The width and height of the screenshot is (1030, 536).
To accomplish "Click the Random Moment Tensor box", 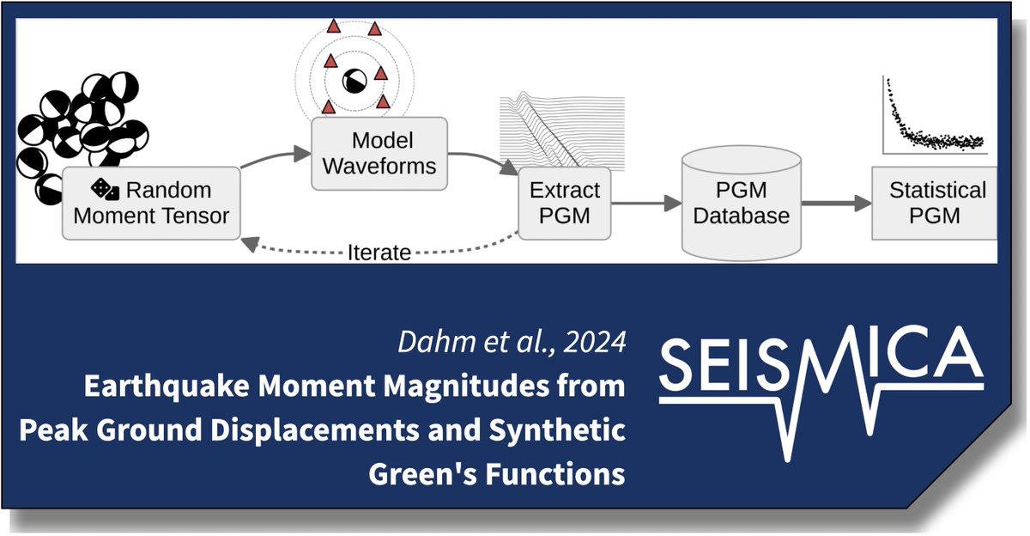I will [151, 203].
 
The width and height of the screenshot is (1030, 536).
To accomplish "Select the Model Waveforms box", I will [379, 153].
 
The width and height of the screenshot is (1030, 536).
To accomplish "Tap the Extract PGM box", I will [565, 203].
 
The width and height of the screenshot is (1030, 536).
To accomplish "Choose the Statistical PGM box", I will [936, 203].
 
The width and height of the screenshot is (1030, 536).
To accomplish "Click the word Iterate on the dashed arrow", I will [379, 253].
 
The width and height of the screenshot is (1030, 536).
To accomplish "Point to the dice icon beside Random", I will [101, 189].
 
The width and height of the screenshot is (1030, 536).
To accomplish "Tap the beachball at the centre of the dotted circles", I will [354, 82].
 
